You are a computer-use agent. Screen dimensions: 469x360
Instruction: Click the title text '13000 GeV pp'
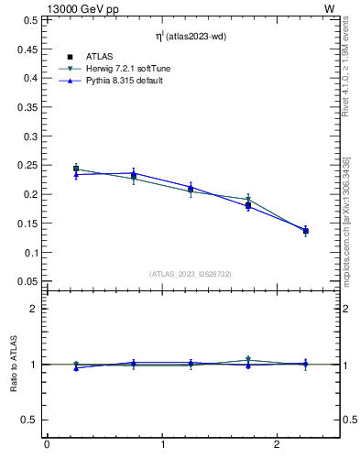point(44,7)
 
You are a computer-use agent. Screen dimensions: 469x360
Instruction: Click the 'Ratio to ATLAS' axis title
point(14,365)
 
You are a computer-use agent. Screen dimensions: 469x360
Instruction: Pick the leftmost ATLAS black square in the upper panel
point(76,169)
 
